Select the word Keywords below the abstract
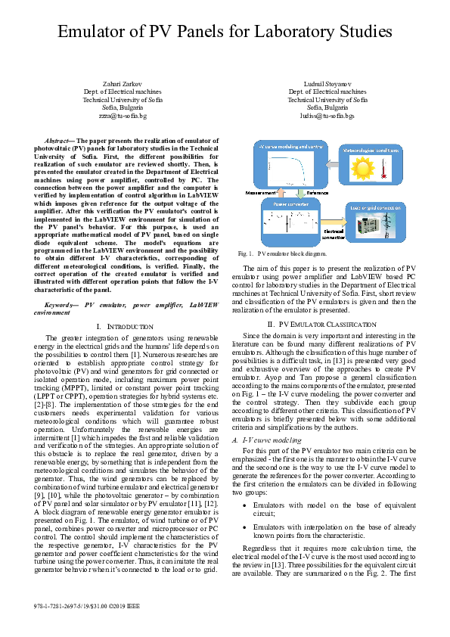[62, 303]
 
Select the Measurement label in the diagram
[260, 194]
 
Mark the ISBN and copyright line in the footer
[87, 607]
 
